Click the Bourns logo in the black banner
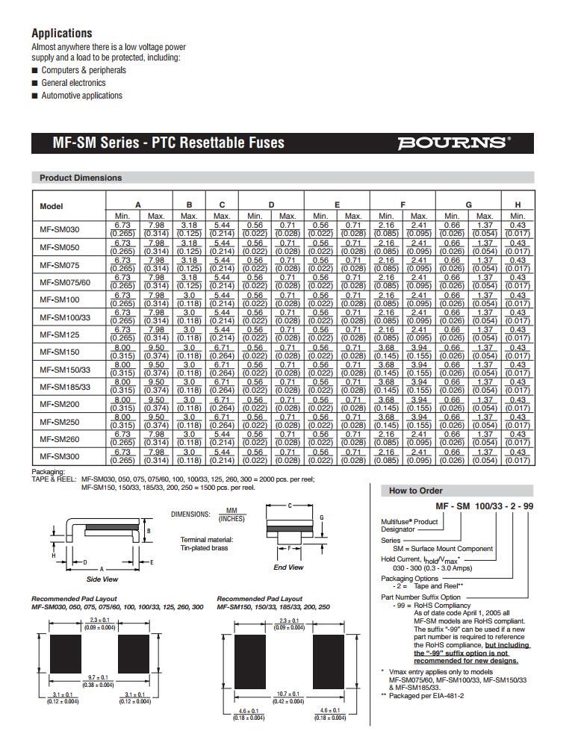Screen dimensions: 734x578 (x=454, y=142)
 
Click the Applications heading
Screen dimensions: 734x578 (x=62, y=34)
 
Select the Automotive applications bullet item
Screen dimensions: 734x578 (x=81, y=96)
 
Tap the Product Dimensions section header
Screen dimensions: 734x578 (x=81, y=178)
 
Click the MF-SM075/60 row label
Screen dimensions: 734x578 (x=65, y=282)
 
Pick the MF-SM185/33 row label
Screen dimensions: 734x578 (x=65, y=387)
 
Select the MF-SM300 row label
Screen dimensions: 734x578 (x=59, y=456)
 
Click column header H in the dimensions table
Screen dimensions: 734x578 (x=518, y=205)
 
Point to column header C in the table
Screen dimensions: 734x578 (x=223, y=205)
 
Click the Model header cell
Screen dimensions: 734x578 (x=52, y=206)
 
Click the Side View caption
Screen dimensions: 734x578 (x=102, y=579)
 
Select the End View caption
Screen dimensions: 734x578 (x=288, y=567)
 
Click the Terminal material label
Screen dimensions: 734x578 (x=207, y=539)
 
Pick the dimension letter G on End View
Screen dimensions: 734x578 (x=321, y=517)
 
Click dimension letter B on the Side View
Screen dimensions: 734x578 (x=149, y=531)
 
